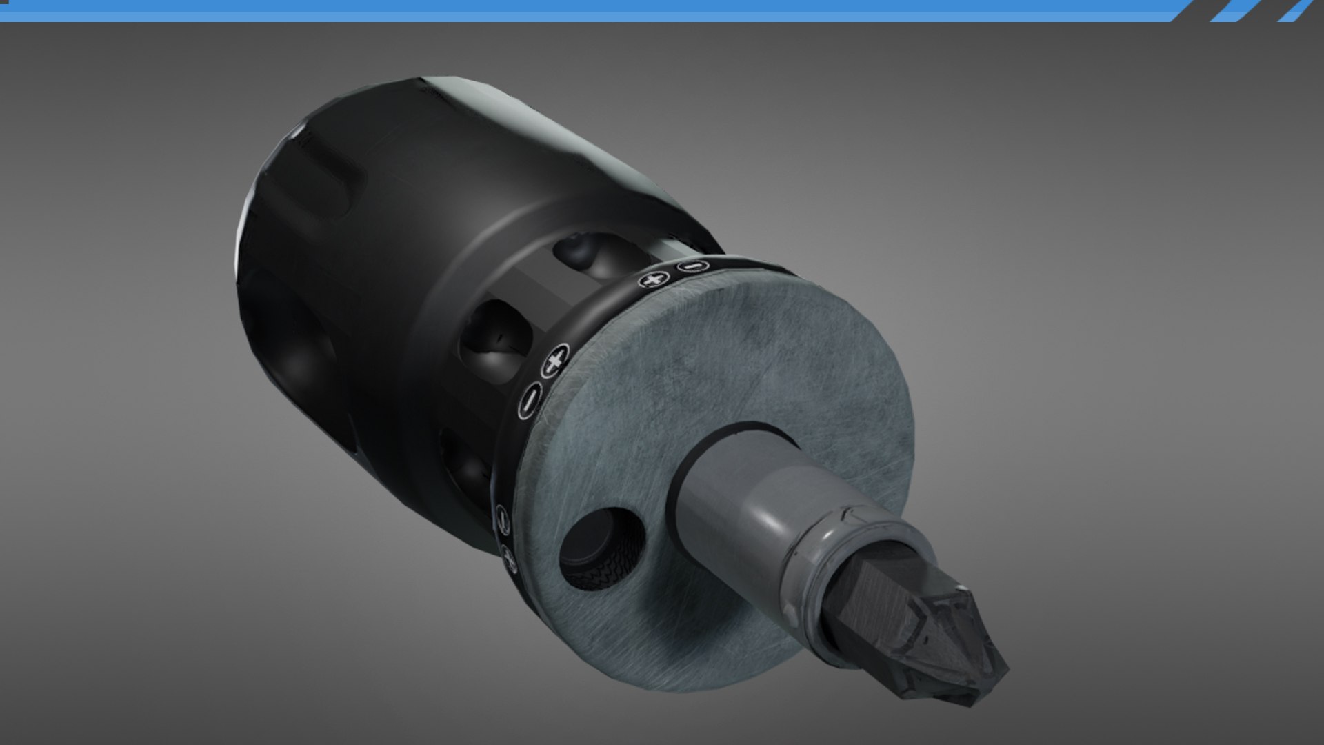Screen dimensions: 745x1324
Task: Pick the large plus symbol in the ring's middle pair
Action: (554, 359)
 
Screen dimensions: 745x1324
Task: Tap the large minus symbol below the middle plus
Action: (530, 400)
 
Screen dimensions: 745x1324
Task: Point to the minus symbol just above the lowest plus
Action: (502, 515)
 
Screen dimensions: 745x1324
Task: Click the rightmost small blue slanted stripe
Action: (1296, 10)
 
